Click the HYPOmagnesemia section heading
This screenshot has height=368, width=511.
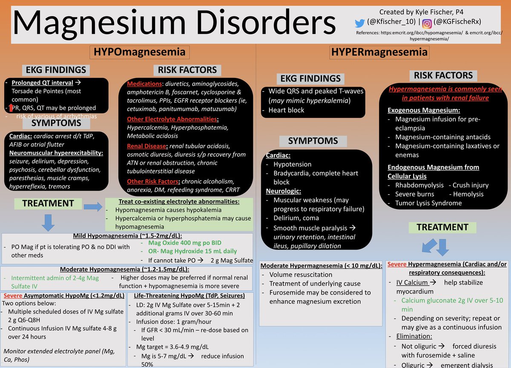click(140, 52)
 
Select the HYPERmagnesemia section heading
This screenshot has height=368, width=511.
click(379, 52)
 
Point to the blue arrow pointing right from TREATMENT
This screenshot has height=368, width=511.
click(93, 207)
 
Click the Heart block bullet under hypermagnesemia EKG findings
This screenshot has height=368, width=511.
click(286, 110)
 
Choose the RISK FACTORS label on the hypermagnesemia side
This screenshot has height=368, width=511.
click(443, 75)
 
